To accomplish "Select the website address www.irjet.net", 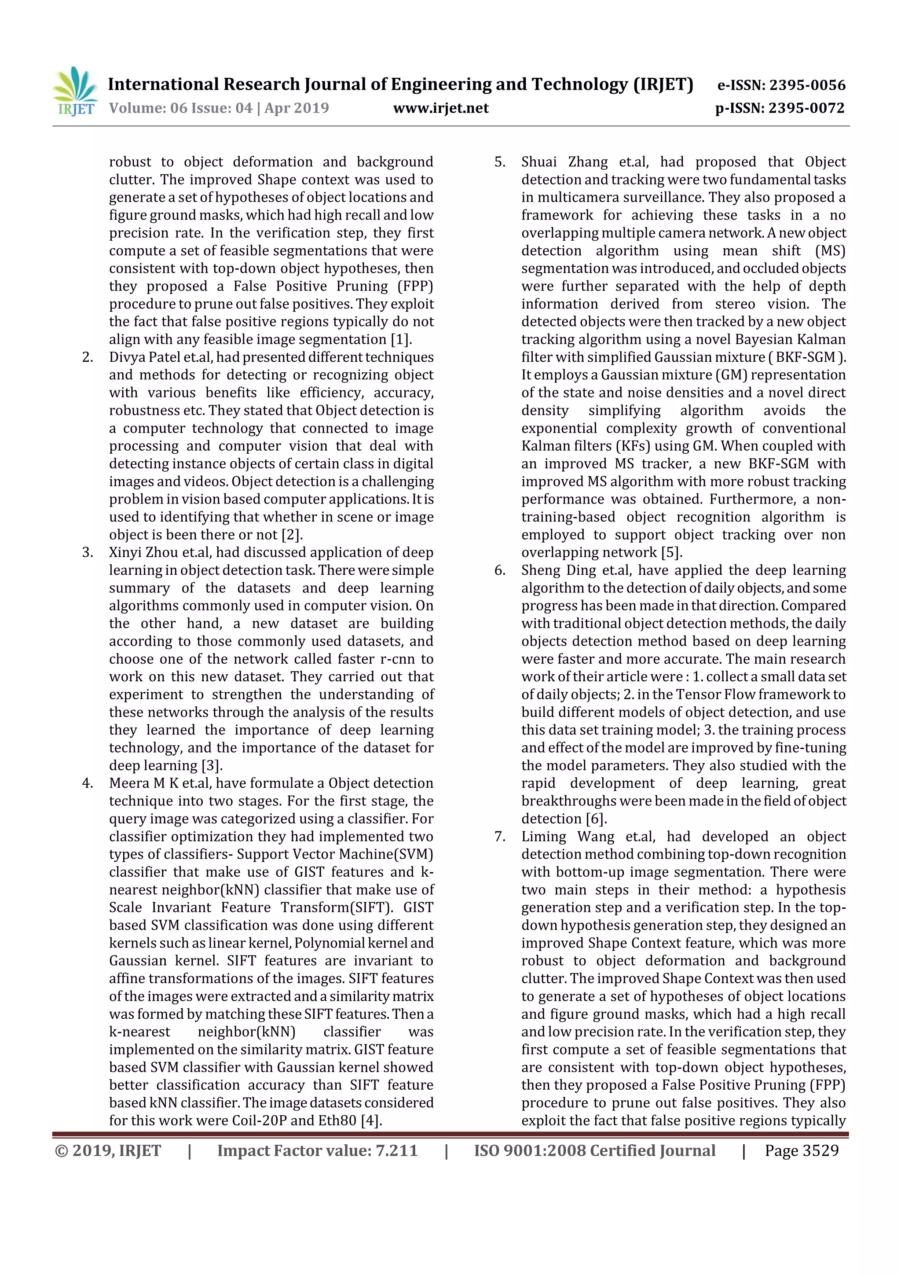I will pyautogui.click(x=441, y=108).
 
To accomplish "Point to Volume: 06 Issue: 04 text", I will pyautogui.click(x=180, y=108).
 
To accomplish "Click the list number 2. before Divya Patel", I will pyautogui.click(x=87, y=357).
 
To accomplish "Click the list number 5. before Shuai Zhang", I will pyautogui.click(x=500, y=162).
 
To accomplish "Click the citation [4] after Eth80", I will pyautogui.click(x=370, y=1121).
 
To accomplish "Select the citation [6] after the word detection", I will pyautogui.click(x=596, y=819).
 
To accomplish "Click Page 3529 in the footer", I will pyautogui.click(x=801, y=1150).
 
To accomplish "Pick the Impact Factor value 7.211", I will pyautogui.click(x=396, y=1150).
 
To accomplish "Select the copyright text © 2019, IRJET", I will pyautogui.click(x=108, y=1150).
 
